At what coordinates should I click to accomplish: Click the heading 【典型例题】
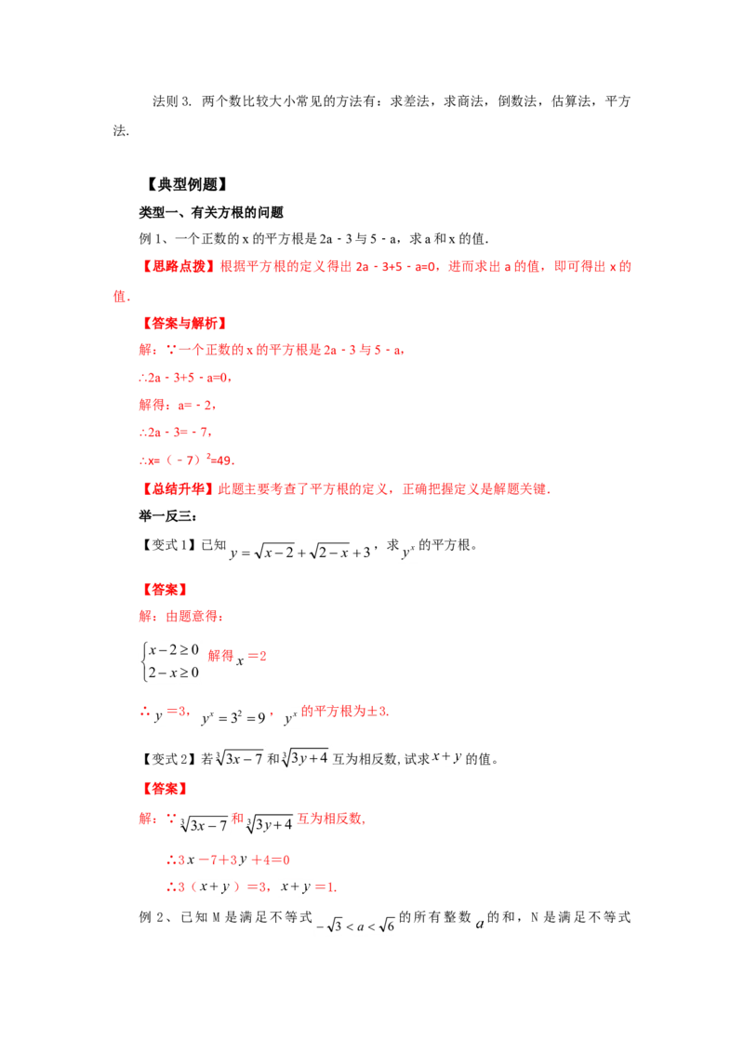tap(187, 184)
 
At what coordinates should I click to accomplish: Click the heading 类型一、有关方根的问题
tap(211, 212)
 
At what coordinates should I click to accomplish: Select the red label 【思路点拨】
tap(178, 267)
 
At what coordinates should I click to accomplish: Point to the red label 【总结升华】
tap(178, 489)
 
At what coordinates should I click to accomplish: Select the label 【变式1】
tap(168, 544)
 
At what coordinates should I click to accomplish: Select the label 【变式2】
tap(168, 759)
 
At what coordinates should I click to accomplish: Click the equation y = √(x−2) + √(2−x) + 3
tap(300, 552)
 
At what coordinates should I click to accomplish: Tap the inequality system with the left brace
tap(170, 660)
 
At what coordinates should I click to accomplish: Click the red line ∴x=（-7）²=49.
tap(187, 460)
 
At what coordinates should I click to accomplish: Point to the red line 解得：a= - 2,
tap(178, 405)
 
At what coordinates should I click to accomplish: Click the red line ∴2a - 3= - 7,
tap(176, 432)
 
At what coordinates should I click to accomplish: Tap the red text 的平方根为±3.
tap(345, 712)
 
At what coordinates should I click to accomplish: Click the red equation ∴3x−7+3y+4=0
tap(228, 860)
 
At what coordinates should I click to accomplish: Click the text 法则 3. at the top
tap(172, 101)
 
